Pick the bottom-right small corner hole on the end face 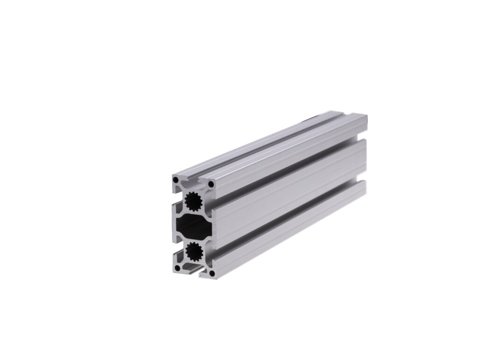coord(211,274)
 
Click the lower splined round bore coord(193,253)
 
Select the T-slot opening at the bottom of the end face coord(191,269)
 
